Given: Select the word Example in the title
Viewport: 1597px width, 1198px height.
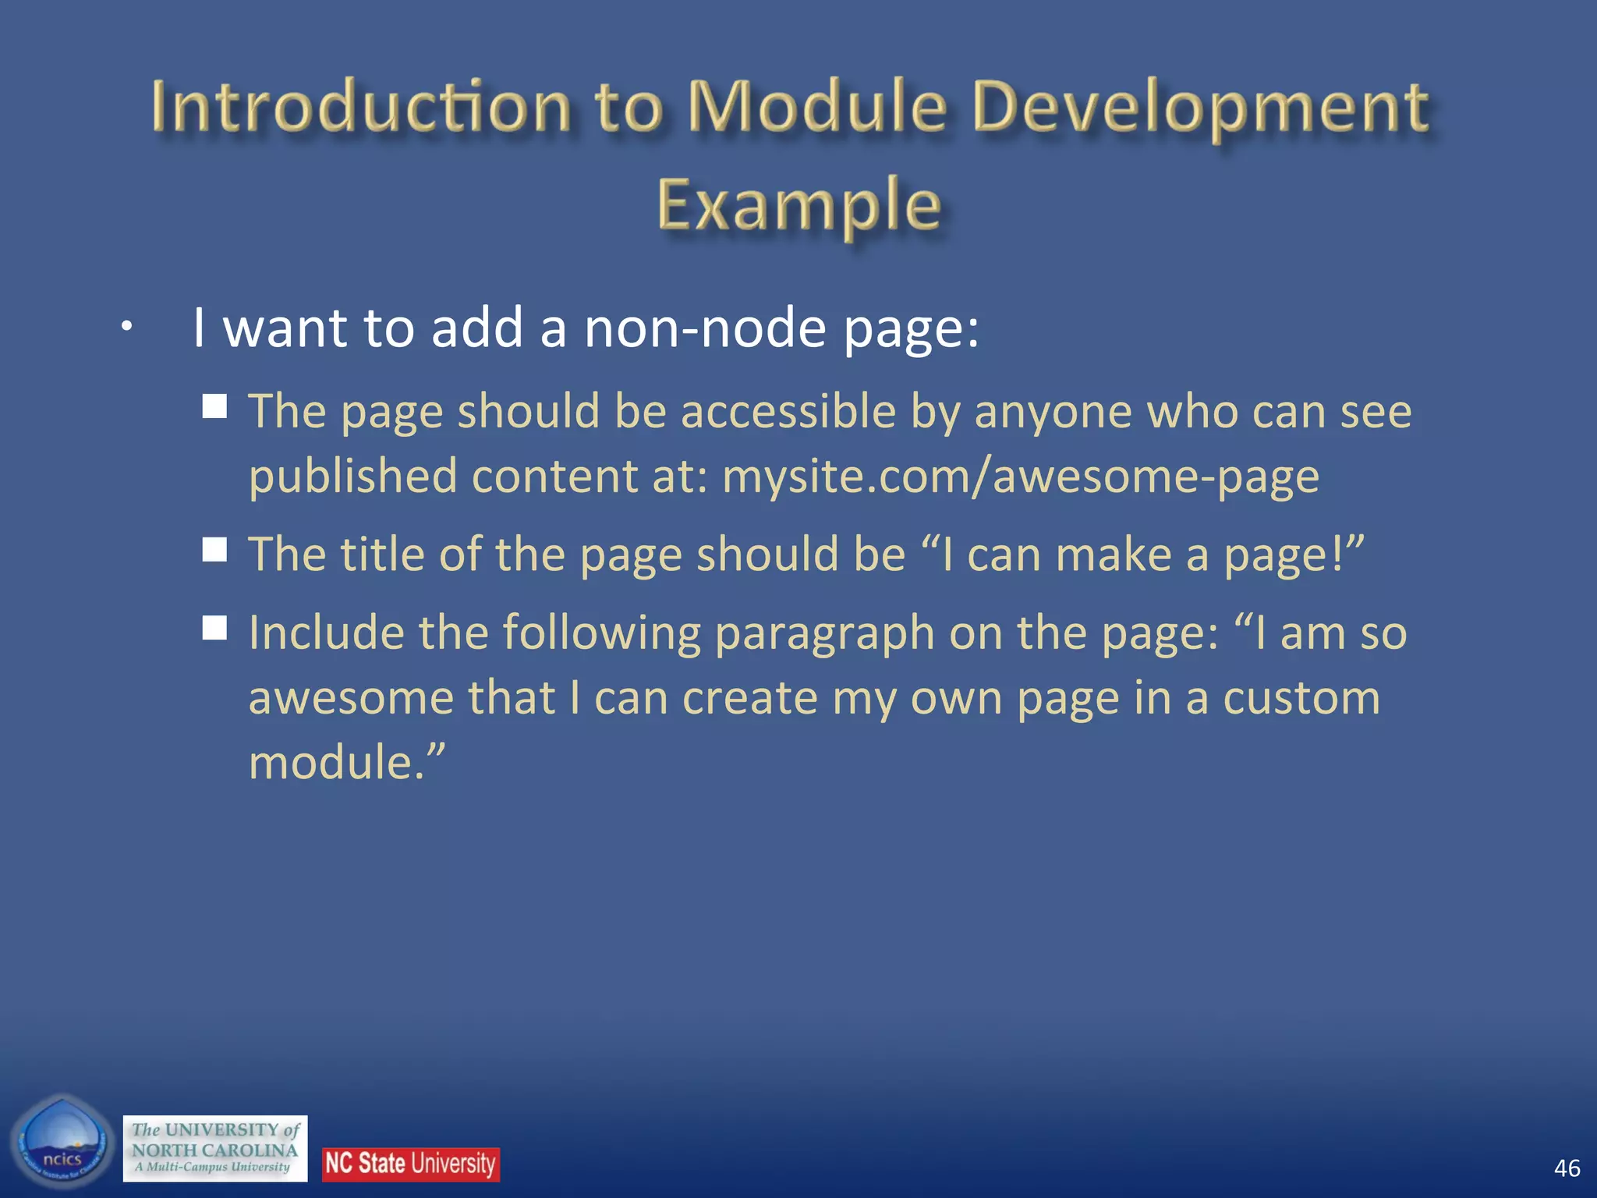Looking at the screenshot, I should click(x=798, y=206).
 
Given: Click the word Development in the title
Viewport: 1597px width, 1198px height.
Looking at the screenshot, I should click(x=1201, y=109).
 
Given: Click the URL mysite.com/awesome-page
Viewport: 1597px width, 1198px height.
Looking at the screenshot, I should click(x=1020, y=477).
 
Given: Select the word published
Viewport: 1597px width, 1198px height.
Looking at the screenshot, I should click(x=352, y=477).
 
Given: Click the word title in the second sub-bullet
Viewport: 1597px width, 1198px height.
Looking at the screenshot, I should click(x=382, y=555).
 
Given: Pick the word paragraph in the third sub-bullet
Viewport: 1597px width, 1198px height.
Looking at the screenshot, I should click(x=824, y=633).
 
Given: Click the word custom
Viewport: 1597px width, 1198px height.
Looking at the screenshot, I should click(x=1301, y=698).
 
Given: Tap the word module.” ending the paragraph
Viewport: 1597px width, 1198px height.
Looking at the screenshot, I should click(x=347, y=762).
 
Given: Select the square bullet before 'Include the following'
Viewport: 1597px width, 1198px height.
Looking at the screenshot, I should click(x=214, y=627).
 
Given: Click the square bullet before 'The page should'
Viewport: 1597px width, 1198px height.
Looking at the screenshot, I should click(x=214, y=406).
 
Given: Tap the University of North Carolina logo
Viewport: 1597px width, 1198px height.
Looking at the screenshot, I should click(x=215, y=1148).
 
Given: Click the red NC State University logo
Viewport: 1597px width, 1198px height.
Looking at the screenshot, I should click(x=410, y=1164).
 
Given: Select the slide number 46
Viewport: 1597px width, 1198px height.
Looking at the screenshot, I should click(x=1566, y=1168).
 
